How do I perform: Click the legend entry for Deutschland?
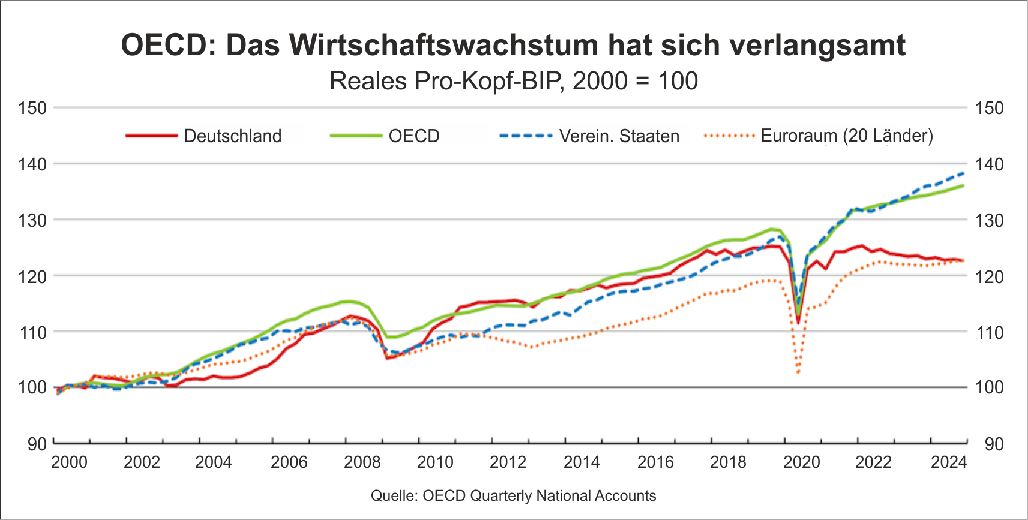[232, 136]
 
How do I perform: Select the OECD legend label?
[413, 136]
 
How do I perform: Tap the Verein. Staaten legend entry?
[619, 136]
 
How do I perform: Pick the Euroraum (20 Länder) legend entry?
[846, 136]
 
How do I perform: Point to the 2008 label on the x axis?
[362, 462]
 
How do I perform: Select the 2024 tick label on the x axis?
[948, 462]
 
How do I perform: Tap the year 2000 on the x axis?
[69, 462]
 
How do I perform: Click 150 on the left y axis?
[32, 108]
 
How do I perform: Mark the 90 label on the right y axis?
[994, 444]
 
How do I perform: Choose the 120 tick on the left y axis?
[32, 276]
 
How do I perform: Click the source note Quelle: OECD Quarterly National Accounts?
[513, 496]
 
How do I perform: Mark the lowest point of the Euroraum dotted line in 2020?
[798, 373]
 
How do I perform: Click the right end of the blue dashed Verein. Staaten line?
[964, 173]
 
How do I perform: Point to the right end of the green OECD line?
[964, 185]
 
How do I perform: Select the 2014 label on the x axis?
[581, 462]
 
